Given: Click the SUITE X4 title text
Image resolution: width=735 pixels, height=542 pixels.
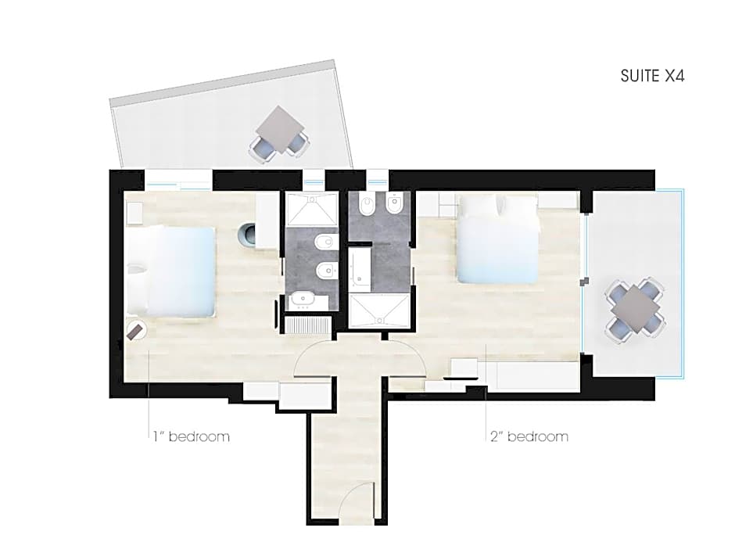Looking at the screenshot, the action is tap(652, 76).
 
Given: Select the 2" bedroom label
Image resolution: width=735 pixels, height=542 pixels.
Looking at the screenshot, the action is tap(529, 436).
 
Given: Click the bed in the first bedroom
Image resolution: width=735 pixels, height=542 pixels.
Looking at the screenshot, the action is tap(171, 271).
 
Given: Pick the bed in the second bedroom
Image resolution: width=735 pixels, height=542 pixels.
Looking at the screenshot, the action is tap(497, 239).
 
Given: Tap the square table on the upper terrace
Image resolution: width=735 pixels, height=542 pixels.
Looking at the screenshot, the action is tap(280, 129).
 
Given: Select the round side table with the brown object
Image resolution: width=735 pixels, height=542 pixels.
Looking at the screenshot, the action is tap(136, 330).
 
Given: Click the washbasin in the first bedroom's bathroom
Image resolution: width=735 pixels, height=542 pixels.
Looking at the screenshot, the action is tap(303, 300).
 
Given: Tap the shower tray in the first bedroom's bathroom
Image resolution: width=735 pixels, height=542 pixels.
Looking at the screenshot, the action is tap(311, 209).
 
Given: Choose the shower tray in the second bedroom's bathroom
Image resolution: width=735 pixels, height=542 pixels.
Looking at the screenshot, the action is tap(380, 311).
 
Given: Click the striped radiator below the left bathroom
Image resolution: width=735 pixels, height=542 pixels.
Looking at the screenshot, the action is tap(307, 325).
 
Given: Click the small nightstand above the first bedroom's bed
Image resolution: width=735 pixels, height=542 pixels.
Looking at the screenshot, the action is tap(134, 214).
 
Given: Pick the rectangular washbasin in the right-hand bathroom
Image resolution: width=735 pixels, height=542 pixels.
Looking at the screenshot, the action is tap(360, 267).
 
